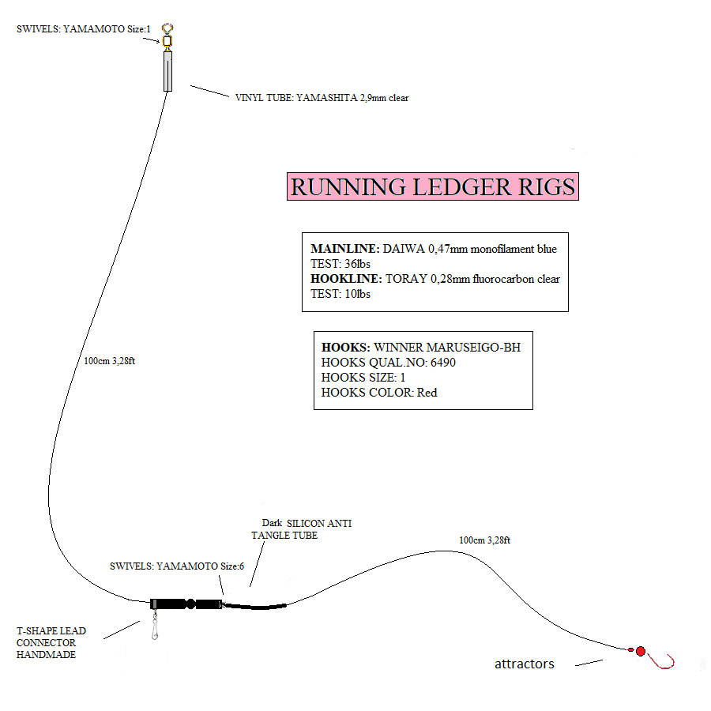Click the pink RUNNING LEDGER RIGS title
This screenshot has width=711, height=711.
pyautogui.click(x=432, y=187)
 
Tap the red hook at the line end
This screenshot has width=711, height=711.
pyautogui.click(x=664, y=661)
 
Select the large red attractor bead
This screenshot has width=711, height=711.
pyautogui.click(x=641, y=652)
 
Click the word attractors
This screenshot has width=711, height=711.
pyautogui.click(x=524, y=664)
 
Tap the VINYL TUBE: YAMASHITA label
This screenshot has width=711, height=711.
pyautogui.click(x=322, y=98)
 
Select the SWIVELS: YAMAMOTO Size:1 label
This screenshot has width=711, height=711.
pyautogui.click(x=83, y=29)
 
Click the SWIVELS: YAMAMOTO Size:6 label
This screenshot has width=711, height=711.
pyautogui.click(x=177, y=566)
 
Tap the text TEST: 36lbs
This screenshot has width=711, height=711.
pyautogui.click(x=340, y=264)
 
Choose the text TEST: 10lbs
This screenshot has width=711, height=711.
pyautogui.click(x=340, y=294)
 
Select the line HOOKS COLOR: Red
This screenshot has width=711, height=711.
pyautogui.click(x=379, y=393)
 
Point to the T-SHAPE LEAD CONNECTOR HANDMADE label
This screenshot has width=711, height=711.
pyautogui.click(x=51, y=642)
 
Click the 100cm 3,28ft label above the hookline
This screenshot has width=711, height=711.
pyautogui.click(x=484, y=540)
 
